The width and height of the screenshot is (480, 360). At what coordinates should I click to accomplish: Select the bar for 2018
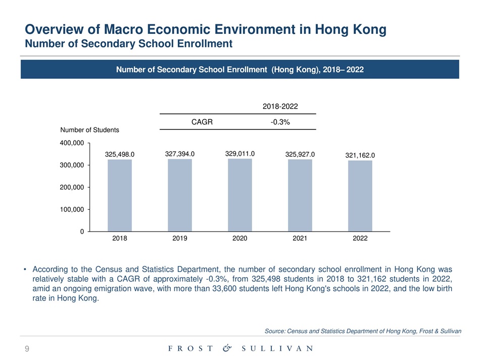pos(120,195)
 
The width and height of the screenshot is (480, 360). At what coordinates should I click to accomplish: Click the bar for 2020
pos(240,195)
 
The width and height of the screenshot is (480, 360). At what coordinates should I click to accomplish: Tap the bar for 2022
pos(360,196)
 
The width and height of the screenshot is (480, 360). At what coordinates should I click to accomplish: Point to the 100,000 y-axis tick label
pos(73,209)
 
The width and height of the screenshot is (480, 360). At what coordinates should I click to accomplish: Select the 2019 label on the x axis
pos(180,239)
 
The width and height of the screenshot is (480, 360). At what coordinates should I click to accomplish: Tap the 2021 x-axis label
pos(300,239)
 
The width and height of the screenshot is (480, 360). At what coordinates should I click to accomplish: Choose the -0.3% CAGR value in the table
pos(278,121)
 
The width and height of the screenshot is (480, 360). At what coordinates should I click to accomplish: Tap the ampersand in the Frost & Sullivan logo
pos(227,348)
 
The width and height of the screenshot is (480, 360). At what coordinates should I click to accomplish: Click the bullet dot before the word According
pos(24,269)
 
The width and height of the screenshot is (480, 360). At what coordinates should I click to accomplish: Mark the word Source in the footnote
pos(275,331)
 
